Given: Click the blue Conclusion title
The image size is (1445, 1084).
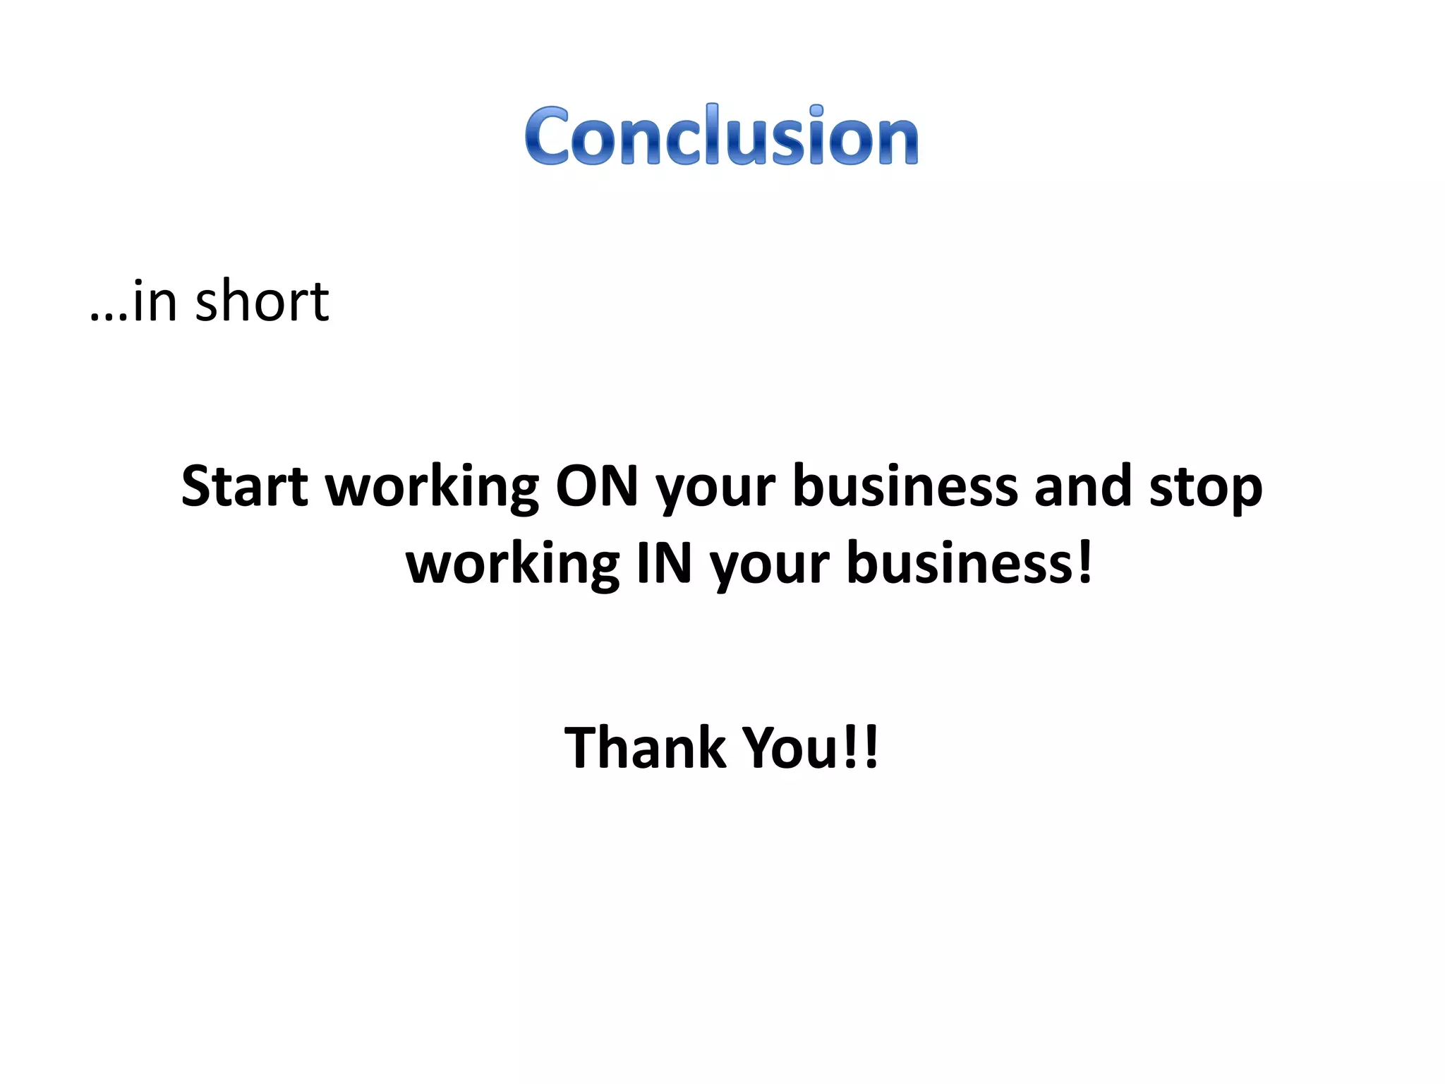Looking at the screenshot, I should (x=721, y=135).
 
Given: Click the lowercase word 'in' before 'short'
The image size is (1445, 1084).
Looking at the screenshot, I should (x=155, y=301).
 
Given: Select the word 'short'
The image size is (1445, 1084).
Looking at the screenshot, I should (x=262, y=301).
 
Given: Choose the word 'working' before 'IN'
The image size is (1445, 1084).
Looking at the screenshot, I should (x=513, y=565).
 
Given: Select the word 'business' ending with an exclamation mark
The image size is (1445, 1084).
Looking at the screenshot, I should (x=960, y=562).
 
